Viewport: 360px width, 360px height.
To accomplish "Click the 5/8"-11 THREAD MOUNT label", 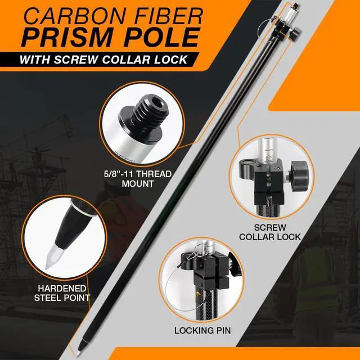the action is coord(137,179).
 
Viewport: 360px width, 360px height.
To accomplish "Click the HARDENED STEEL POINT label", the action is coord(62,293).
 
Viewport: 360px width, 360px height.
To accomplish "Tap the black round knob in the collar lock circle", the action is coord(299,175).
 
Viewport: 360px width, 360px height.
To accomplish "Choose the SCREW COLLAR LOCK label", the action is coord(270,232).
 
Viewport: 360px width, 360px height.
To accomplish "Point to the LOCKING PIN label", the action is coord(202,331).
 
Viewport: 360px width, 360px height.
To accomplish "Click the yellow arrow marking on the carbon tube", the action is coord(197,294).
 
